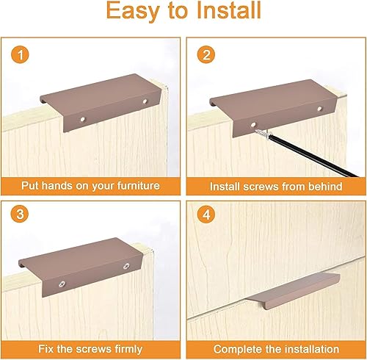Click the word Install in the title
click(x=229, y=10)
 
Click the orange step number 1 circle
click(x=20, y=54)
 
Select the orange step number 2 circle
click(x=206, y=54)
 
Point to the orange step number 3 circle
click(x=20, y=214)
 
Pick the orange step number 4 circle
click(x=206, y=215)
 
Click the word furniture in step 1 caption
click(x=138, y=185)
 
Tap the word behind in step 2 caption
click(x=325, y=187)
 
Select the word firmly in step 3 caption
click(x=128, y=349)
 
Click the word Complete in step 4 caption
click(x=234, y=350)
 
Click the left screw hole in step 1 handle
click(x=83, y=120)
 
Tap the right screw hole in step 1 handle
click(x=145, y=101)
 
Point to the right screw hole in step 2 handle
click(x=319, y=109)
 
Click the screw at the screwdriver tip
click(x=264, y=134)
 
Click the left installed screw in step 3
click(x=62, y=284)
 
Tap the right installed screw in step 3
click(x=126, y=266)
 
